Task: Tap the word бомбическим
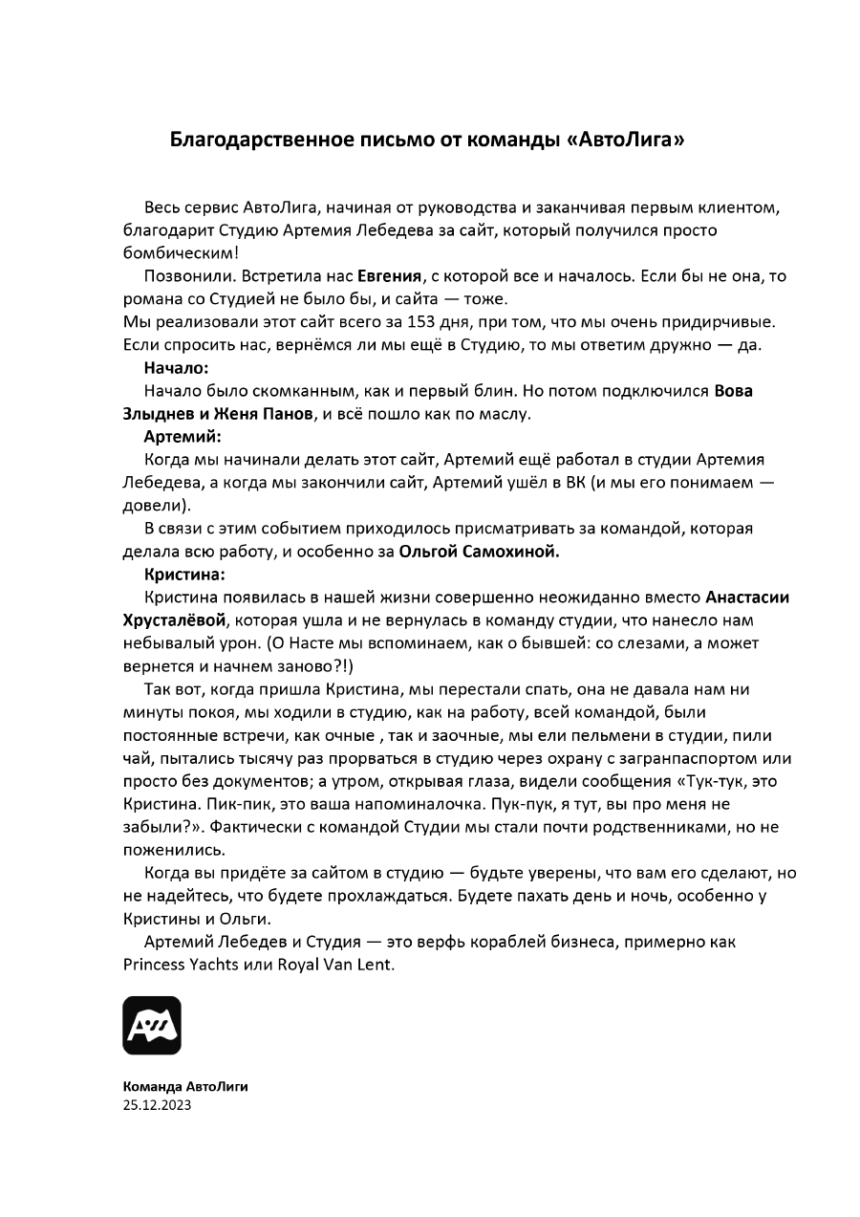click(x=181, y=253)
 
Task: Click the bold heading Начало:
click(x=176, y=367)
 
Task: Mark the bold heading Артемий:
click(x=183, y=437)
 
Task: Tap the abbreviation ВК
click(x=571, y=483)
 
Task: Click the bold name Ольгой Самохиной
click(x=479, y=552)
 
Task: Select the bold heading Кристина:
click(x=185, y=575)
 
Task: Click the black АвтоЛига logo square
click(x=152, y=1026)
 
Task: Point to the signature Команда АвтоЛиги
click(x=185, y=1087)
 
